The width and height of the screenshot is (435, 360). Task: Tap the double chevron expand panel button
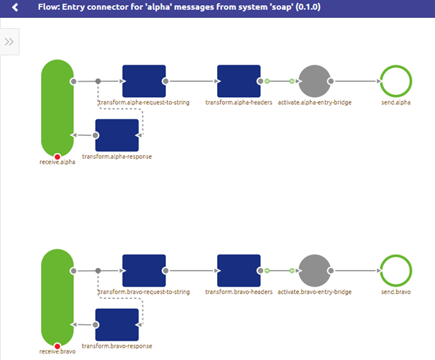pyautogui.click(x=9, y=42)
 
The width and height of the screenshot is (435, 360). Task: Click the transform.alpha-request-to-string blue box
pyautogui.click(x=144, y=81)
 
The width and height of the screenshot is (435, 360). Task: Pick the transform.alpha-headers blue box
pyautogui.click(x=239, y=81)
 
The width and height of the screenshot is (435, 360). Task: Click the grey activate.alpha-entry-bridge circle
pyautogui.click(x=313, y=81)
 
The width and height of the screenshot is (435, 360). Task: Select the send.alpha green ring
pyautogui.click(x=395, y=81)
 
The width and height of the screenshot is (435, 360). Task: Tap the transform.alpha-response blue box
pyautogui.click(x=116, y=135)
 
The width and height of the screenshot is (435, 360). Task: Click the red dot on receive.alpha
pyautogui.click(x=57, y=156)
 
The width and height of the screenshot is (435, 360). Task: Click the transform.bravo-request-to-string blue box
pyautogui.click(x=144, y=271)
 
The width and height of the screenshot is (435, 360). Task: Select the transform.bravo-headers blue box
pyautogui.click(x=239, y=271)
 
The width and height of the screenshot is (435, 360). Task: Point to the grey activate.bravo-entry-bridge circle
pyautogui.click(x=313, y=271)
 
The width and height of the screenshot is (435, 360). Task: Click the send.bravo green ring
pyautogui.click(x=395, y=271)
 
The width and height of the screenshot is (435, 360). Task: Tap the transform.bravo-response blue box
pyautogui.click(x=116, y=325)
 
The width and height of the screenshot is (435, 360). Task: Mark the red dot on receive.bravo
pyautogui.click(x=57, y=346)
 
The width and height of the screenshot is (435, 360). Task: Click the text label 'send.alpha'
pyautogui.click(x=395, y=103)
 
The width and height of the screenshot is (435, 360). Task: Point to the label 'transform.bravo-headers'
pyautogui.click(x=238, y=292)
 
